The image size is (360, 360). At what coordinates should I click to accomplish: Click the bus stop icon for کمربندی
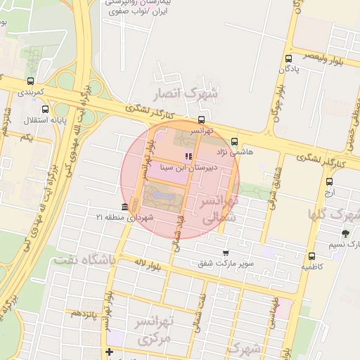30,81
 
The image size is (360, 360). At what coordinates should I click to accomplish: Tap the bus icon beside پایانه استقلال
46,109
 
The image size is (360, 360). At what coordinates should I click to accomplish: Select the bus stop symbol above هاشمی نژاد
234,141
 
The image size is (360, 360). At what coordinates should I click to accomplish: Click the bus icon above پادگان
289,58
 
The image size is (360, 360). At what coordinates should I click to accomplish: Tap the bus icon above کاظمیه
311,256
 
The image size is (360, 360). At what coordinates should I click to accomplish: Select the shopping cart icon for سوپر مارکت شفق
225,253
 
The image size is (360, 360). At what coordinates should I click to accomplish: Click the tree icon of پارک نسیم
345,233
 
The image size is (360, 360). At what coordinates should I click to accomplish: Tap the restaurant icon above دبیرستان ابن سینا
187,156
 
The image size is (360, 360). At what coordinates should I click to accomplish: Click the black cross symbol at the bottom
109,352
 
